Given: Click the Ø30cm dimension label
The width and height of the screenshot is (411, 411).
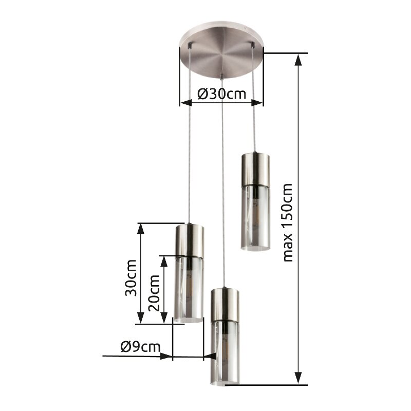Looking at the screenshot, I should click(221, 95).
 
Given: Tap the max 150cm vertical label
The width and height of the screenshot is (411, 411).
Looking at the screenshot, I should click(288, 222).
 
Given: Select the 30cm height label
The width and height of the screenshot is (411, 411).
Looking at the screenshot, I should click(131, 277).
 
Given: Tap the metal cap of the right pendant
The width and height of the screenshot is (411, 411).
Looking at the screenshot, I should click(255, 169).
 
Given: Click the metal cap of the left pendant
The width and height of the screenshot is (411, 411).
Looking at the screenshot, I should click(189, 240).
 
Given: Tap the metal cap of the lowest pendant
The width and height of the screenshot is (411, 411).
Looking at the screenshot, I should click(225, 304).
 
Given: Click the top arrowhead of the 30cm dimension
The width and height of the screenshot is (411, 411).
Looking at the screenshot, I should click(140, 229).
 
